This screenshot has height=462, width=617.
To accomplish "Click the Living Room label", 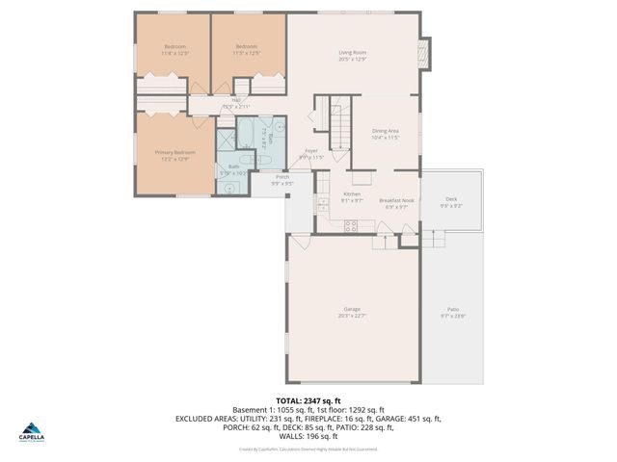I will [352, 53].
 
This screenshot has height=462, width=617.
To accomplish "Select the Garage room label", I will [352, 309].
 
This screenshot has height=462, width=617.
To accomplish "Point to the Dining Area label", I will [385, 131].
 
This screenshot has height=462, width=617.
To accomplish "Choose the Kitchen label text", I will [352, 193].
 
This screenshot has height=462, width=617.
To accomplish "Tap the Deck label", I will [450, 199].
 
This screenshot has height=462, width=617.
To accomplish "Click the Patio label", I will [452, 309].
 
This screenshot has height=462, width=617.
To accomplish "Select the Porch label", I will [282, 177].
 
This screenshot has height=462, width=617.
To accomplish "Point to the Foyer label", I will [311, 150].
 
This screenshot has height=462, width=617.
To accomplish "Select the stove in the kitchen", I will [352, 225].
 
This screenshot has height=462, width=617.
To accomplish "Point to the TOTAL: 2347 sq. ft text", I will [308, 400].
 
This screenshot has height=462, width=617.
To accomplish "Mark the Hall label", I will [235, 99].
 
